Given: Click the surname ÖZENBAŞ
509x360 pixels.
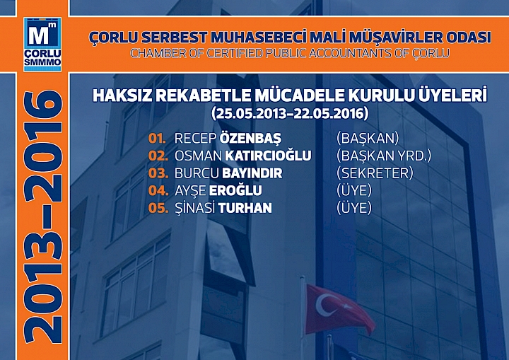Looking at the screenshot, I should click(x=251, y=138).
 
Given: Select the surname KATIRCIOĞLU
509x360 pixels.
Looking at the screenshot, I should click(x=270, y=156).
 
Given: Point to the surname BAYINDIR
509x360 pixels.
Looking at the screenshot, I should click(x=252, y=173).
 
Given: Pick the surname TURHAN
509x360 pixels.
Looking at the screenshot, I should click(x=245, y=208).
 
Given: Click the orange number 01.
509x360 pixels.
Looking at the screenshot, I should click(x=158, y=138).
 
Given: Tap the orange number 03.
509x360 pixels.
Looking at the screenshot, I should click(x=158, y=173).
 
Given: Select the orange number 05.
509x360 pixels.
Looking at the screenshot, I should click(x=158, y=208).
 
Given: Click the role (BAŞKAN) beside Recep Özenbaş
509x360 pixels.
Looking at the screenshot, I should click(x=368, y=138).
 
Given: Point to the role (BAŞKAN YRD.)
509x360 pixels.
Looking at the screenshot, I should click(x=384, y=156).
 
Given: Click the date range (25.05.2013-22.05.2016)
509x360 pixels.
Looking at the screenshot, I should click(x=289, y=112).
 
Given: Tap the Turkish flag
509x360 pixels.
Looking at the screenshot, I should click(x=339, y=308).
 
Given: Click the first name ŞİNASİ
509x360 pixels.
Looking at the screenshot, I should click(x=195, y=208).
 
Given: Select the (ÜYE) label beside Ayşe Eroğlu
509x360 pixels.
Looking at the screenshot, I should click(x=354, y=190).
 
